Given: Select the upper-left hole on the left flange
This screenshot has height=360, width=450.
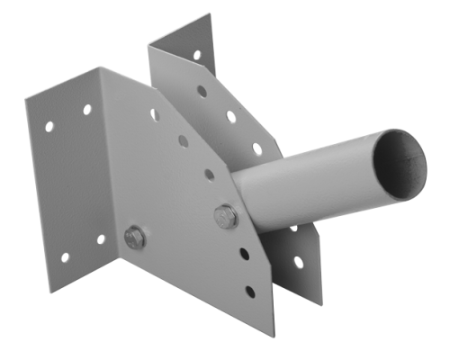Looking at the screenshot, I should point(49,127).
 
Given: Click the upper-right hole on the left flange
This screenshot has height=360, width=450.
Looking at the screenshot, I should point(87,109).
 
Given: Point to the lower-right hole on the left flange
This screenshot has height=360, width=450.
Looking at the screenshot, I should point(100,238).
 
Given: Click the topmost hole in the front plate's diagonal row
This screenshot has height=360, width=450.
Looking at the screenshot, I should point(154,114).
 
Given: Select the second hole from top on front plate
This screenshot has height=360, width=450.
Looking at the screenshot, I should point(184,140).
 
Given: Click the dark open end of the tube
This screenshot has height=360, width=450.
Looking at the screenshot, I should point(401,161).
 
